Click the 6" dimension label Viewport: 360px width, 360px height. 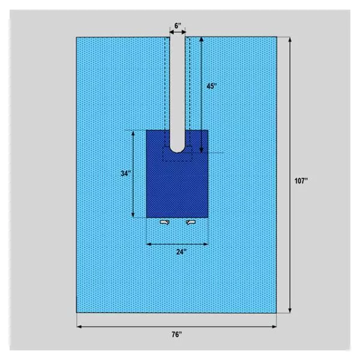178,26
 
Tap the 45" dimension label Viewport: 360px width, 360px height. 211,86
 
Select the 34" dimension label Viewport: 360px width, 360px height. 126,173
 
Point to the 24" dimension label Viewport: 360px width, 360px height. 181,252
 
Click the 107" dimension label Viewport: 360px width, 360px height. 301,181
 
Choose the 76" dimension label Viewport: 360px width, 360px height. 177,335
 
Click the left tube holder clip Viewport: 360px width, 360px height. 164,222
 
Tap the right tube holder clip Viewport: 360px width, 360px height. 191,222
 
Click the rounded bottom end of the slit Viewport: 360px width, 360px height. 177,151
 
